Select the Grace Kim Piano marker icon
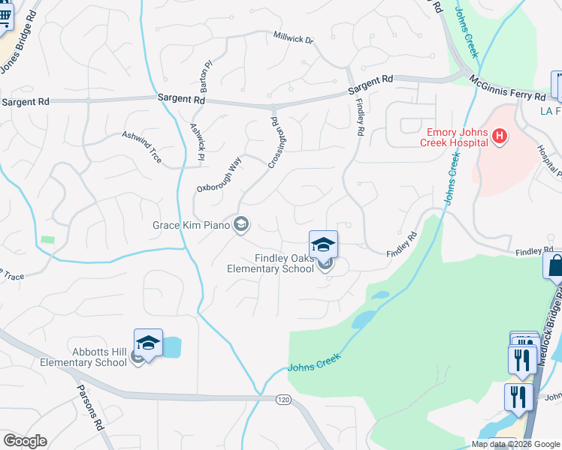pyautogui.click(x=241, y=224)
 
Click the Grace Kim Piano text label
pyautogui.click(x=191, y=224)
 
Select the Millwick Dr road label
pyautogui.click(x=293, y=37)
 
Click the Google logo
pyautogui.click(x=25, y=441)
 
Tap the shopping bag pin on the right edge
pyautogui.click(x=554, y=265)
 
